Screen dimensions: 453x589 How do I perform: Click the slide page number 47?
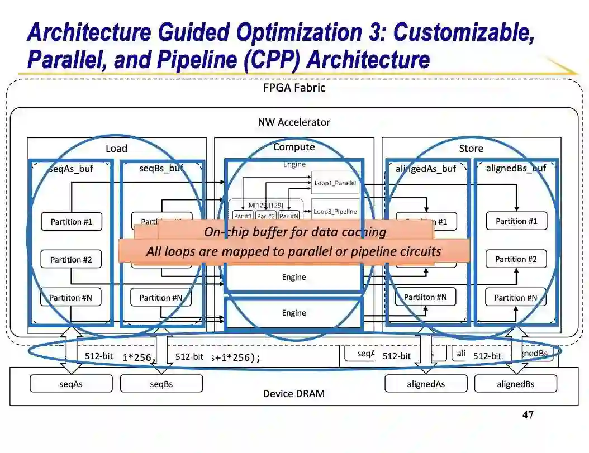click(x=528, y=415)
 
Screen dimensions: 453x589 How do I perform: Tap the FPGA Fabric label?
click(x=294, y=88)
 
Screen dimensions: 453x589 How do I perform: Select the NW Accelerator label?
click(x=294, y=122)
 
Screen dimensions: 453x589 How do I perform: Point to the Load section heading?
click(x=116, y=149)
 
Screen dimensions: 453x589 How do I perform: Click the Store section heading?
click(x=471, y=149)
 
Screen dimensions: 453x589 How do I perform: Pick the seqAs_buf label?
click(x=71, y=169)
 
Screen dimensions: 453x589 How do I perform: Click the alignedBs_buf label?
click(x=516, y=168)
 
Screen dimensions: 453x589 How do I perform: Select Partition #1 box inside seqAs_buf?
click(x=71, y=222)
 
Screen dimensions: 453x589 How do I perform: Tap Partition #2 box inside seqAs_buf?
click(x=70, y=260)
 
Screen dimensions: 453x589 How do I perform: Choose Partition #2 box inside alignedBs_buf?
click(x=516, y=259)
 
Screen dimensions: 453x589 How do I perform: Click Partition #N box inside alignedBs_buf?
click(x=515, y=298)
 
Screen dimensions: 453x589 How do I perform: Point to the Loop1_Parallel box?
click(x=335, y=182)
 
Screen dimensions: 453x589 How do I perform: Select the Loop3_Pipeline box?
click(x=335, y=212)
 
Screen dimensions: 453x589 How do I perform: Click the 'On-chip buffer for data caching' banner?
click(x=294, y=232)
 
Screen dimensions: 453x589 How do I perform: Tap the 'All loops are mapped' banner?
click(x=293, y=251)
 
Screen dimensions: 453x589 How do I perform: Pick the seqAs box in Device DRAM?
click(x=71, y=384)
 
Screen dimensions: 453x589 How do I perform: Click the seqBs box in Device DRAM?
click(x=161, y=384)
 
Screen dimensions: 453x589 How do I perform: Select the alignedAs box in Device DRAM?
click(x=426, y=384)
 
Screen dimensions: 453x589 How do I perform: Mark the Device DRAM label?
click(x=293, y=394)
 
